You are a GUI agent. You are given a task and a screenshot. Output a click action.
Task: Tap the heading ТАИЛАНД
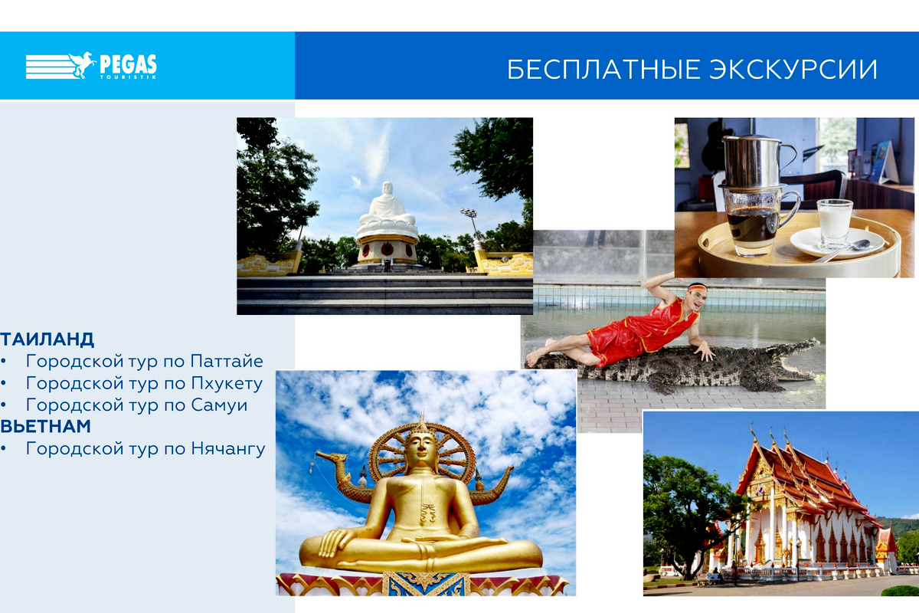click(x=47, y=339)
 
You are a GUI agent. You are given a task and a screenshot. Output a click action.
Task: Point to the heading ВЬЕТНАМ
click(x=45, y=426)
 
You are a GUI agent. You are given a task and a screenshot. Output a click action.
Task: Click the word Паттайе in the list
click(x=227, y=362)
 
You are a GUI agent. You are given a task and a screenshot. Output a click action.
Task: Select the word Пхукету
click(x=227, y=383)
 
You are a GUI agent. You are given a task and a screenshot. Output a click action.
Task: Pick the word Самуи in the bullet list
click(x=219, y=405)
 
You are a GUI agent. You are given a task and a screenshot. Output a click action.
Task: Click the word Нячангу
click(x=228, y=449)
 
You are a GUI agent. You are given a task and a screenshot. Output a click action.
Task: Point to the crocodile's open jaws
click(x=798, y=362)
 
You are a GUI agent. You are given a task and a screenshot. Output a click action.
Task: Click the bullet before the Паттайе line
click(x=3, y=362)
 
